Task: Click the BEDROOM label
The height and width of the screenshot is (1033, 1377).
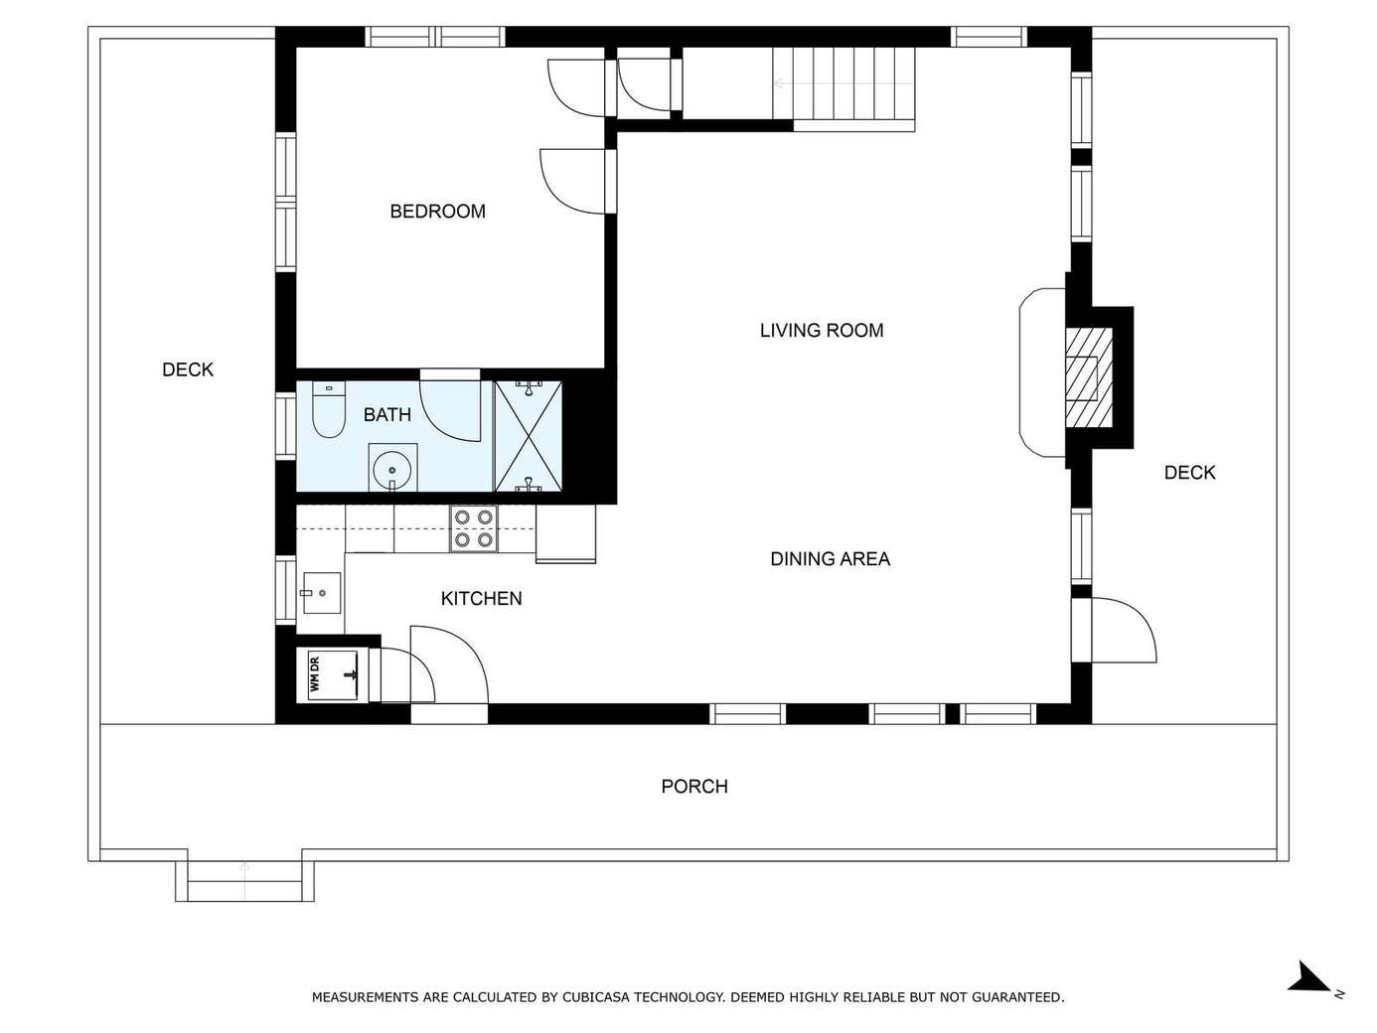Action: click(437, 212)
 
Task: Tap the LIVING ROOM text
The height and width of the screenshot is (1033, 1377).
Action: click(822, 331)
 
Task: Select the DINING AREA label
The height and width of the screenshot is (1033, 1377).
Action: click(830, 559)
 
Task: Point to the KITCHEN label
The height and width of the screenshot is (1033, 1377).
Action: click(481, 598)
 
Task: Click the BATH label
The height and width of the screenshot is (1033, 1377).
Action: click(387, 414)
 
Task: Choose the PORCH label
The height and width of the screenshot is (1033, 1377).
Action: click(693, 787)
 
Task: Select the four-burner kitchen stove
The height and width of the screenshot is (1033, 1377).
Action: click(474, 528)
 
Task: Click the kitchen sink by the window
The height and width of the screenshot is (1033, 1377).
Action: click(322, 593)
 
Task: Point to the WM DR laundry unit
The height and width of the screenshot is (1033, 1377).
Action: click(333, 674)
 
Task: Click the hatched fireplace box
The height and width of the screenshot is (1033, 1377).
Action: click(1089, 378)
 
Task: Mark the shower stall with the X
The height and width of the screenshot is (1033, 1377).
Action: click(529, 436)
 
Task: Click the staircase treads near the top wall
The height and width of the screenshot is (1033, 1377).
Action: click(843, 83)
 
